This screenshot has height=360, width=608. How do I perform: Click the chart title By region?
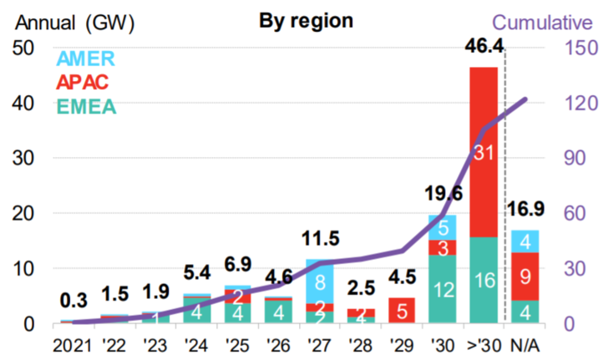294,20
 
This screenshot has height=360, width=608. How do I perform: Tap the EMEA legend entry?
86,109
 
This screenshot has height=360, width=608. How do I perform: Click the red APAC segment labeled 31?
484,152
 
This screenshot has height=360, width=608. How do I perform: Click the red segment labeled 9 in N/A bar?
524,276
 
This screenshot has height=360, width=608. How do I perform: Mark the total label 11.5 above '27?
320,241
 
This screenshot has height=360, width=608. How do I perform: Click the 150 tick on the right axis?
575,48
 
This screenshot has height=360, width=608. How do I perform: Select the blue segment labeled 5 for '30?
443,227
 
